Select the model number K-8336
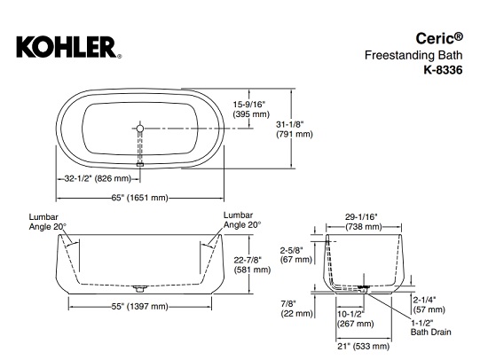click(x=444, y=70)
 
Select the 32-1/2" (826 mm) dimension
click(x=97, y=179)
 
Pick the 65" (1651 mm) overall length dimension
click(x=147, y=196)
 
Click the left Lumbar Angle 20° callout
click(x=46, y=221)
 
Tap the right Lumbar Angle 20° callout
click(x=242, y=220)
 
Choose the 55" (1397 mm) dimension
click(x=147, y=306)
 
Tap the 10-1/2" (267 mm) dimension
click(x=350, y=318)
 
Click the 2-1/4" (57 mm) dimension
click(x=429, y=304)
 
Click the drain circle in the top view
click(x=139, y=129)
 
